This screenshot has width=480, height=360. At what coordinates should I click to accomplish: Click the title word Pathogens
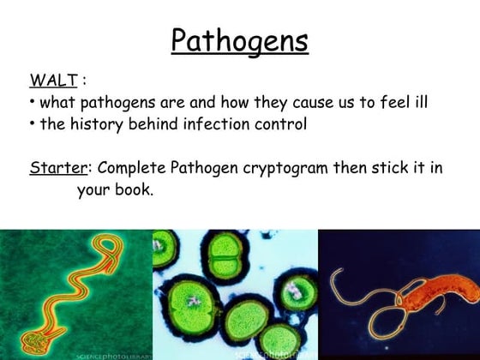(x=239, y=40)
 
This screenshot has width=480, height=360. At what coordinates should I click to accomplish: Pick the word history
(x=93, y=124)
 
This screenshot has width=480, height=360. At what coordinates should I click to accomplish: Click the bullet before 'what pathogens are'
(x=32, y=103)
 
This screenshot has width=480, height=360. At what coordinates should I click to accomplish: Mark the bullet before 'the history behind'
(x=32, y=125)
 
